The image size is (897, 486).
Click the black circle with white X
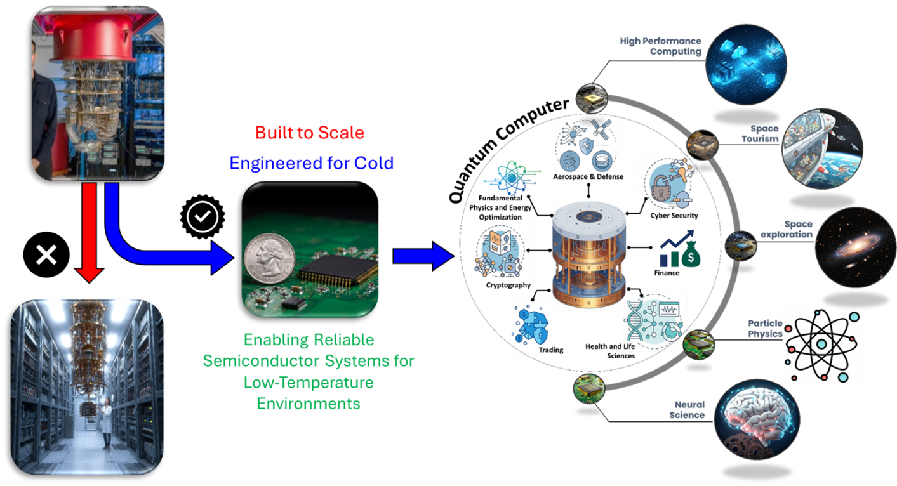pyautogui.click(x=46, y=254)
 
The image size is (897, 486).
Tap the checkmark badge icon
pyautogui.click(x=203, y=216)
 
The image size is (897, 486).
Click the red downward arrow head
pyautogui.click(x=90, y=274)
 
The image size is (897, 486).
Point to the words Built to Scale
pyautogui.click(x=310, y=133)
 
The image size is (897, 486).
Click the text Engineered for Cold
pyautogui.click(x=312, y=163)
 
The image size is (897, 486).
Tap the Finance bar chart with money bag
pyautogui.click(x=680, y=249)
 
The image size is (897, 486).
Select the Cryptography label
pyautogui.click(x=508, y=285)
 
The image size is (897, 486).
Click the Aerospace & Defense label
pyautogui.click(x=588, y=176)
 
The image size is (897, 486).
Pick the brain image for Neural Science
pyautogui.click(x=757, y=420)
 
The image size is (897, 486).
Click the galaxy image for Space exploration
pyautogui.click(x=855, y=247)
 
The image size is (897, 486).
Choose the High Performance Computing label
pyautogui.click(x=660, y=46)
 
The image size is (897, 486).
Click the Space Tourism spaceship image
pyautogui.click(x=822, y=148)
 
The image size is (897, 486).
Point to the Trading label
pyautogui.click(x=551, y=350)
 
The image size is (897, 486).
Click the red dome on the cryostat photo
pyautogui.click(x=93, y=37)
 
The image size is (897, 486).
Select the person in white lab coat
pyautogui.click(x=106, y=424)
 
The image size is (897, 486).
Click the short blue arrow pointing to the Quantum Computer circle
pyautogui.click(x=423, y=256)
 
